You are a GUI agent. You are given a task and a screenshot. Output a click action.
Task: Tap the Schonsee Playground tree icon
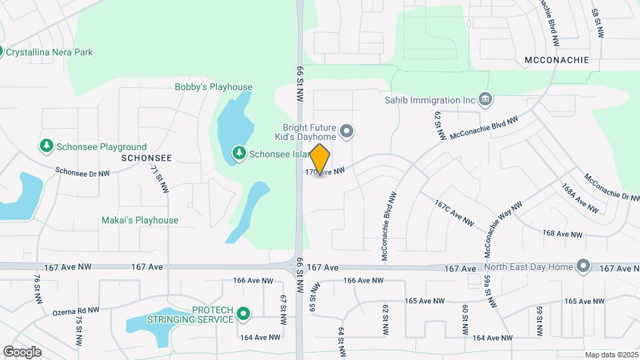(46, 145)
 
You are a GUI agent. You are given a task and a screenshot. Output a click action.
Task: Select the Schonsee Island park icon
(239, 153)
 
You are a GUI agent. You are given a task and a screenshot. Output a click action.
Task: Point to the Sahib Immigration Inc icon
(485, 100)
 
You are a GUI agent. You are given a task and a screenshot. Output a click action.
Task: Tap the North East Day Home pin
(583, 267)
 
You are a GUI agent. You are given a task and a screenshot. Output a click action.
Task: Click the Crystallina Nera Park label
(49, 52)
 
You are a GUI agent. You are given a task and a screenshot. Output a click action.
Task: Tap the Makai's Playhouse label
(139, 220)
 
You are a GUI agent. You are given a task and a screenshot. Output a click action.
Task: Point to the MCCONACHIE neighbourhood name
(557, 59)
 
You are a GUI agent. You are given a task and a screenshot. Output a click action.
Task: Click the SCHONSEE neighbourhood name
(147, 159)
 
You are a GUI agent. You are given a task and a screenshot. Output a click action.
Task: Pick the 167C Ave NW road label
(454, 213)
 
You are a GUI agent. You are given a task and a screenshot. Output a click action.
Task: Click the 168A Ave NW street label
(580, 198)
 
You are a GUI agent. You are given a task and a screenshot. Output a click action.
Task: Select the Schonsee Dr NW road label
(83, 171)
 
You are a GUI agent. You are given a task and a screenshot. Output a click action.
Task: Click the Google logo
(22, 352)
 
